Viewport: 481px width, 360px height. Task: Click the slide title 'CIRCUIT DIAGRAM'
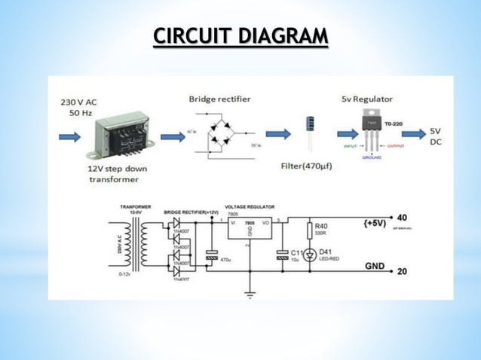240,37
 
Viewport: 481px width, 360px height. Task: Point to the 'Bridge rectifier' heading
219,99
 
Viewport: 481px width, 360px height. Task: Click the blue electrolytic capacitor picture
310,133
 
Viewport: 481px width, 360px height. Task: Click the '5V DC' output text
437,136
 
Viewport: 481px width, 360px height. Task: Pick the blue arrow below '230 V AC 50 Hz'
69,137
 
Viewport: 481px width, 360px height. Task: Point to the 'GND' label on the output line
373,266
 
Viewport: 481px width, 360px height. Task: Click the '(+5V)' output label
376,224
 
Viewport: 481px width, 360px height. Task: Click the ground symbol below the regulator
250,294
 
